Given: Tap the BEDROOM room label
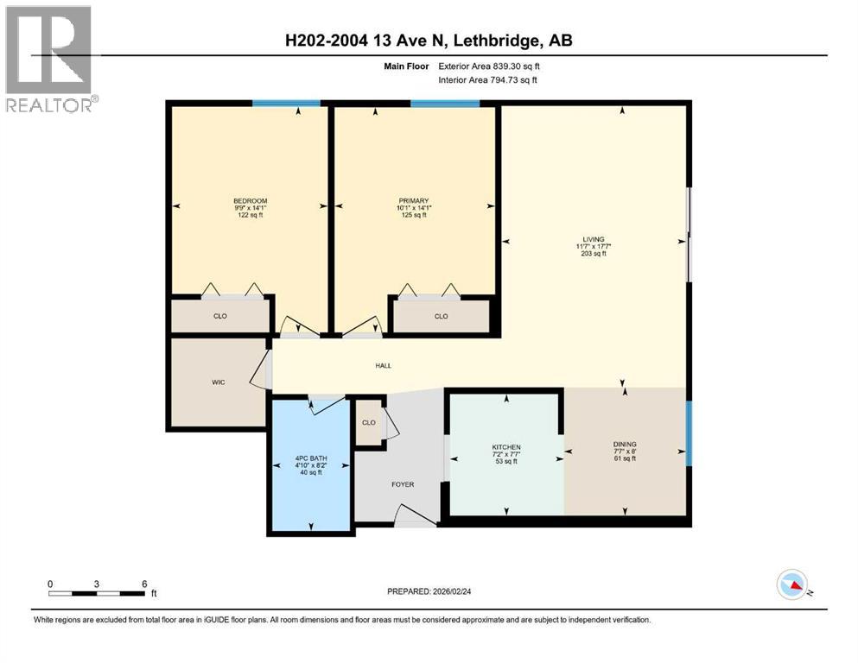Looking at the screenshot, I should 250,200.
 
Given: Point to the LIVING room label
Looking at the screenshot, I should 593,239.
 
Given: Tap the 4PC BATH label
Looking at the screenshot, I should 311,458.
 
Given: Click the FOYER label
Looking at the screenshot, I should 403,484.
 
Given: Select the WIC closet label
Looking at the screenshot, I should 219,382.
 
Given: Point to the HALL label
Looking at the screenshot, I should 384,365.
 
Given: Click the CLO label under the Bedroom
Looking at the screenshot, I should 220,316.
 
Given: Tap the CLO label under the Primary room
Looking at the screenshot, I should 441,316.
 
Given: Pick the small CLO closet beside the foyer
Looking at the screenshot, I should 369,423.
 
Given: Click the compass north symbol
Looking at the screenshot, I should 792,586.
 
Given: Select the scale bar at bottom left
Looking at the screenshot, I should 97,593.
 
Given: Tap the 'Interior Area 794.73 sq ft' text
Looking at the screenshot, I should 488,80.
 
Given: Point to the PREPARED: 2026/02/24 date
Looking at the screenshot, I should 429,591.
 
